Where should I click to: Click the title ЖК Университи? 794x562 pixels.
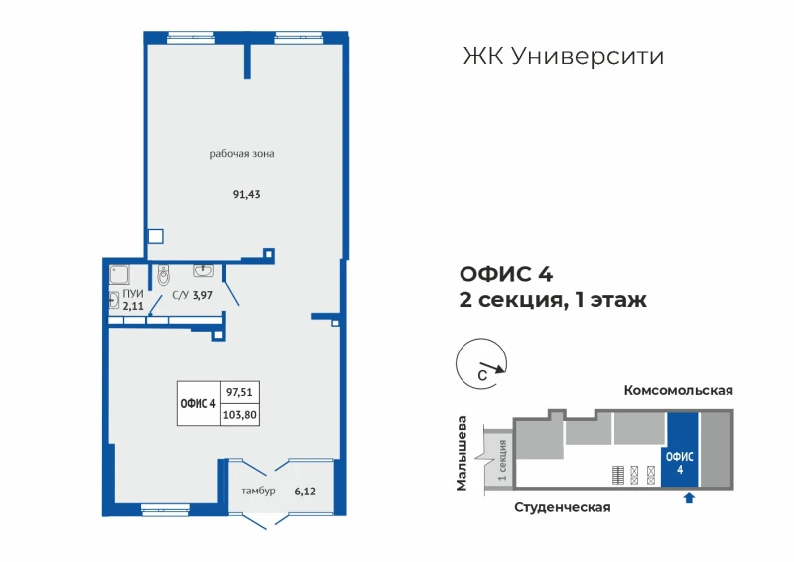(564, 57)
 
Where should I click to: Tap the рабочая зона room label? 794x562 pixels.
(242, 154)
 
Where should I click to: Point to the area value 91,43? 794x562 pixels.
(246, 194)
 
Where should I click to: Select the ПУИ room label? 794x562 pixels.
(133, 294)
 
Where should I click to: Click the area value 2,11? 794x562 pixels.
(133, 306)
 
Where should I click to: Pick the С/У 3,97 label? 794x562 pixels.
(193, 295)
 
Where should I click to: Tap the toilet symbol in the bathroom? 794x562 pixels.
(163, 275)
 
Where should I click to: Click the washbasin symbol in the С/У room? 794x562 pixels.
(203, 270)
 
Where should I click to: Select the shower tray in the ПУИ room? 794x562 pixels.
(119, 275)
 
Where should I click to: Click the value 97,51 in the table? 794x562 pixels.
(239, 392)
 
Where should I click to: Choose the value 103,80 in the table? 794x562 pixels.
(240, 415)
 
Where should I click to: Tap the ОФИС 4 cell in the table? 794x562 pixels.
(198, 404)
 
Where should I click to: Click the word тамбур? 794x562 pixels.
(258, 492)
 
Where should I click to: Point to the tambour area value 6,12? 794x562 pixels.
(305, 492)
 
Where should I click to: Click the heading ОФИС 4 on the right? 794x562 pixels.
(506, 274)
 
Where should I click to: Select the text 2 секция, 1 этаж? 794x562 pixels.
(553, 300)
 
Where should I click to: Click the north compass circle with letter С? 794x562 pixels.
(481, 339)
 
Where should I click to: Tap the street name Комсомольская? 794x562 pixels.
(679, 390)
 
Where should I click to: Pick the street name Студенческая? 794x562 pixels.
(563, 507)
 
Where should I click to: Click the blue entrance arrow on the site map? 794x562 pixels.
(689, 498)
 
